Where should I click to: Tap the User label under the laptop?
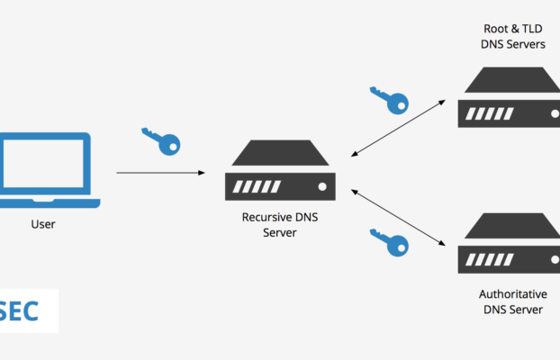42,224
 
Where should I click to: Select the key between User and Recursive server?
161,139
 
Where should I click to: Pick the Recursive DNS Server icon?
280,171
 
